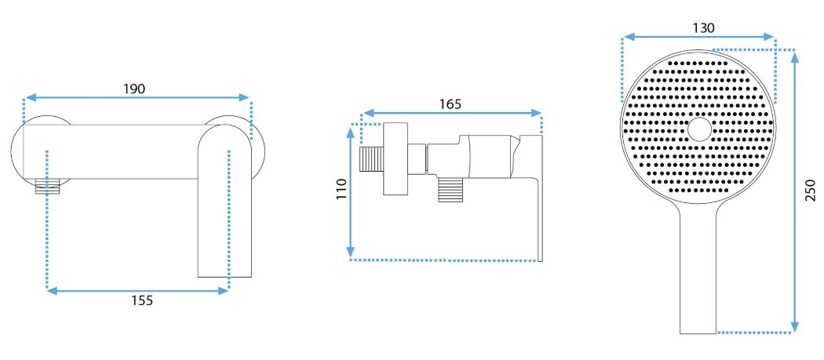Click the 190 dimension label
click(x=134, y=89)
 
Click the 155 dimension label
click(x=142, y=300)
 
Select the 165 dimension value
click(x=450, y=104)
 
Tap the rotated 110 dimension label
click(x=342, y=189)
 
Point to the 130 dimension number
click(x=704, y=28)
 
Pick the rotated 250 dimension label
click(x=811, y=191)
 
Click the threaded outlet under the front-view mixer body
click(x=46, y=187)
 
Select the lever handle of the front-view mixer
click(x=225, y=201)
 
